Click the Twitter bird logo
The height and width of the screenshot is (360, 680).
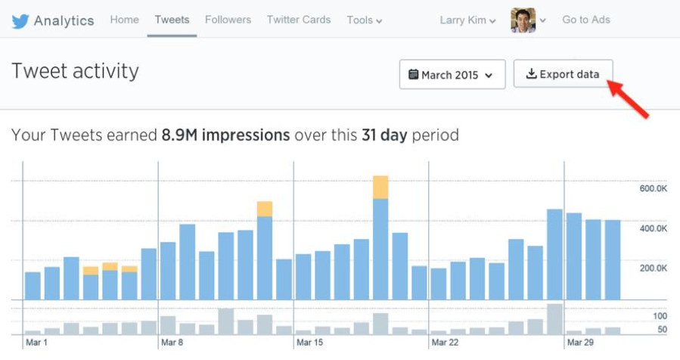20,21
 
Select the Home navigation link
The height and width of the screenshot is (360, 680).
124,20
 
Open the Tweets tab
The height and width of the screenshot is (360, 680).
172,20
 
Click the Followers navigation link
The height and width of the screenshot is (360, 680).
228,20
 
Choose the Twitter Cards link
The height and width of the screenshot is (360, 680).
299,20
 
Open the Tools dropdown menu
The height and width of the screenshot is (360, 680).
364,20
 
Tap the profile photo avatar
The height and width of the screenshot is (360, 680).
523,20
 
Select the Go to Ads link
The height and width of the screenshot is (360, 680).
586,20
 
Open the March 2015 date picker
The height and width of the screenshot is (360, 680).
452,75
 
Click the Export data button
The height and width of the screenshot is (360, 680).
563,74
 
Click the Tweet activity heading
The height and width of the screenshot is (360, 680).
75,71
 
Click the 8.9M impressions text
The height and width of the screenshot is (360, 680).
225,135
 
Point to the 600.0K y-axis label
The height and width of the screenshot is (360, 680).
653,188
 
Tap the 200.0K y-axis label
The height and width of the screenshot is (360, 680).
653,268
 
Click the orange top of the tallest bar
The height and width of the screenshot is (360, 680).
380,187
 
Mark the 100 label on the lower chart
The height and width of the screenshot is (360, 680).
660,315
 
